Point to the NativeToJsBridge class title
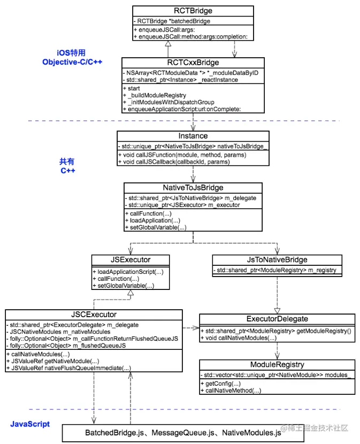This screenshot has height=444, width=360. coord(193,188)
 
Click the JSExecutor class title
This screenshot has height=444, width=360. coord(131,260)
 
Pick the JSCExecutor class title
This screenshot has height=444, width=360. coord(94,314)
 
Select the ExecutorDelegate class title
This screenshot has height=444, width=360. coord(277,319)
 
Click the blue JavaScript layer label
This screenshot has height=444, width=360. coord(30,424)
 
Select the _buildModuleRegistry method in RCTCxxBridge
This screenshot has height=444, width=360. coord(155,94)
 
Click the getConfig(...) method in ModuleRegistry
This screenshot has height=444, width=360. coord(219,384)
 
